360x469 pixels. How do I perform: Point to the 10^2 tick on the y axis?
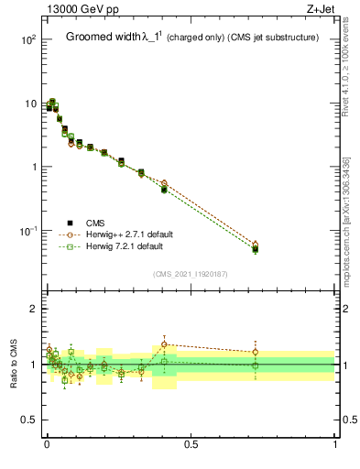pyautogui.click(x=28, y=40)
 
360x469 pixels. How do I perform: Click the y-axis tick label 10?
pyautogui.click(x=30, y=104)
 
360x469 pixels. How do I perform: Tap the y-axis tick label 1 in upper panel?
pyautogui.click(x=33, y=167)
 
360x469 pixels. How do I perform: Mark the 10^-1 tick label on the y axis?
pyautogui.click(x=28, y=230)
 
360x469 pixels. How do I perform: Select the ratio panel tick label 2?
pyautogui.click(x=33, y=310)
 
